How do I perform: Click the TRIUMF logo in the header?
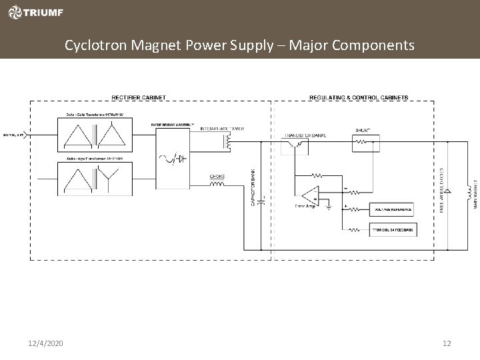(33, 12)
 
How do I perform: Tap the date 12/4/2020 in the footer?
(46, 343)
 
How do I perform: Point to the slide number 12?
(447, 343)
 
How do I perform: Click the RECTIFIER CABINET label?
(139, 98)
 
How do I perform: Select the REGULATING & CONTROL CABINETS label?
(359, 98)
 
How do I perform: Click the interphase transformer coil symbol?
(229, 140)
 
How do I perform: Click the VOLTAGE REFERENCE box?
(391, 209)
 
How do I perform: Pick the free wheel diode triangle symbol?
(448, 190)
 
